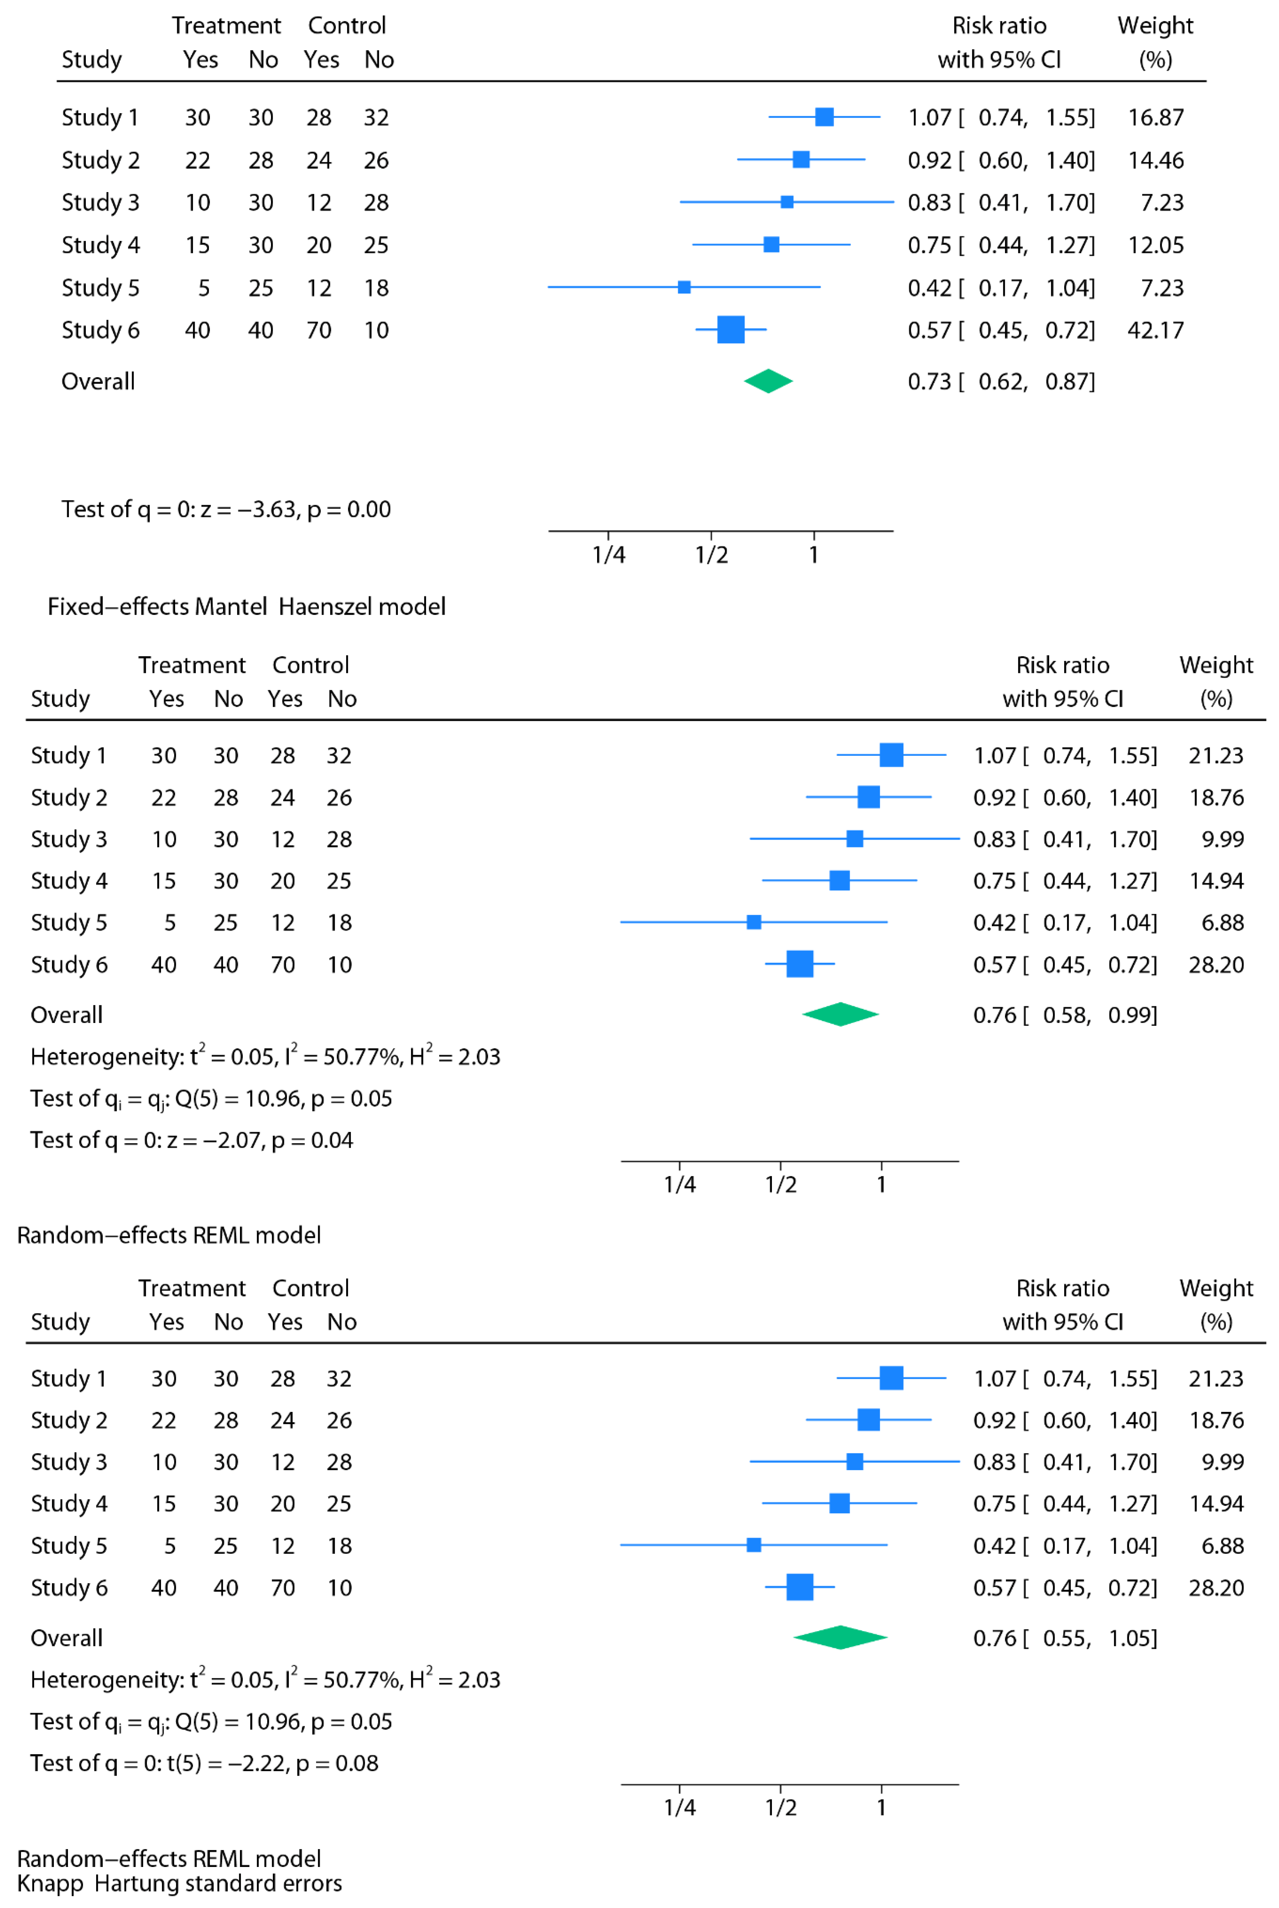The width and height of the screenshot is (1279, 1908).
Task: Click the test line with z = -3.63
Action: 226,509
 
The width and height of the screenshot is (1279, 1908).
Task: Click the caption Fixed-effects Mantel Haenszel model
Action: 246,606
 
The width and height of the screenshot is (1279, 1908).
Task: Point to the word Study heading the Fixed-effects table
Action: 91,60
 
